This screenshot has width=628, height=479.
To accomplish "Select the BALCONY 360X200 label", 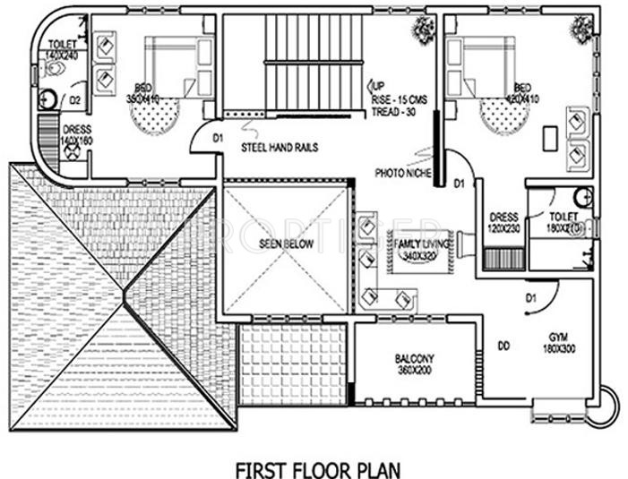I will tap(414, 364).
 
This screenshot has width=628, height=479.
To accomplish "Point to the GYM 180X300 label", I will tap(563, 341).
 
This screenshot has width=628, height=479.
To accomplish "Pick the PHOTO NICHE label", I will tap(400, 173).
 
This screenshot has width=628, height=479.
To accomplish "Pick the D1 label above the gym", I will tap(530, 297).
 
